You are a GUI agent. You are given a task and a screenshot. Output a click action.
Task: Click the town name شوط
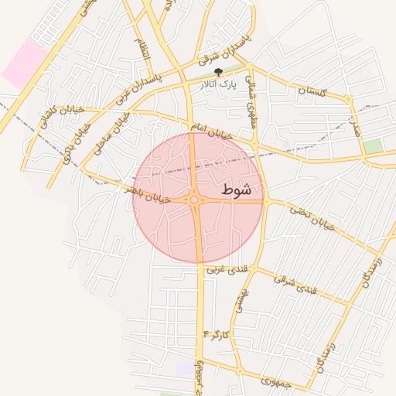(x=236, y=189)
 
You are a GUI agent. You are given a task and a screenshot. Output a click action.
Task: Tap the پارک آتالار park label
(x=222, y=83)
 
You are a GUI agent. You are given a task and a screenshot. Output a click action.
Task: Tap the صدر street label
(x=355, y=125)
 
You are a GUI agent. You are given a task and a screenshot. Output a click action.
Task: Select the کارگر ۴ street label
(x=217, y=333)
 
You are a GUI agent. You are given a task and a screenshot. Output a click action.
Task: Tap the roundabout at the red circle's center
(x=196, y=200)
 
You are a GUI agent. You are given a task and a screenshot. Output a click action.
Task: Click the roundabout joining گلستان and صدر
(x=349, y=100)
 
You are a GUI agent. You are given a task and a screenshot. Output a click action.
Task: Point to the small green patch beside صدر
(x=374, y=145)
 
